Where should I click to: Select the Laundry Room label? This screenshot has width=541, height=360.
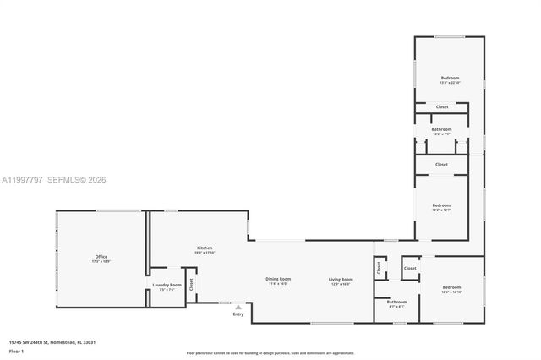coord(167,285)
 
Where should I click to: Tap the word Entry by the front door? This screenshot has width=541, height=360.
coord(238,314)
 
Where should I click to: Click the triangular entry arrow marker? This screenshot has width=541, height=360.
coord(238,307)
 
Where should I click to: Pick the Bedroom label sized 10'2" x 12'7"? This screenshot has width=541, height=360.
coord(441,205)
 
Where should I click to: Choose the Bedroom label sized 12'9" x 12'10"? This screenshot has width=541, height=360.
coord(451,287)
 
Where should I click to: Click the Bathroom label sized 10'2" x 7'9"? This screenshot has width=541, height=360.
coord(441,129)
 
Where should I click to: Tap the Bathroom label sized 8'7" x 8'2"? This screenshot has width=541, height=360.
coord(396,302)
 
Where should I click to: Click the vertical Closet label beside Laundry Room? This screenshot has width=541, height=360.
coord(192,285)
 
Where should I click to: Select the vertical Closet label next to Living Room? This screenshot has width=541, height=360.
coord(379,269)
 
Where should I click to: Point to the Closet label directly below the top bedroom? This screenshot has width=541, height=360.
coord(442,106)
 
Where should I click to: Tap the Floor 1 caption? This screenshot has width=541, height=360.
coord(17,350)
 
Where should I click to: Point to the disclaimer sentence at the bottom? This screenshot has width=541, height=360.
coord(270,352)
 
